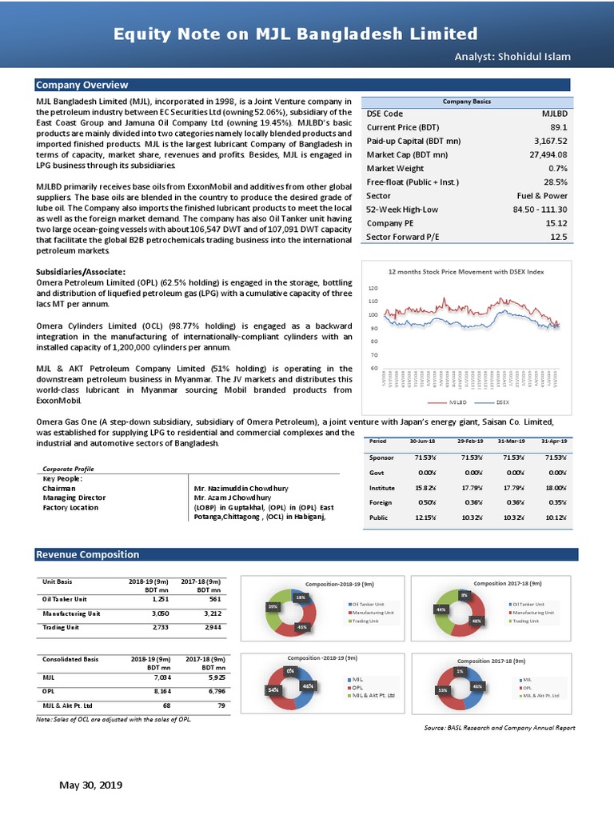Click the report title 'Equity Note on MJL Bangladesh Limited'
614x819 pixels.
[296, 34]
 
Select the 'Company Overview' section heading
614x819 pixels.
[82, 85]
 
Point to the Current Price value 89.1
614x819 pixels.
[559, 127]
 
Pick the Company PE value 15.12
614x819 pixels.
[554, 223]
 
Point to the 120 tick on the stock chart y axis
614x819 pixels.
[373, 288]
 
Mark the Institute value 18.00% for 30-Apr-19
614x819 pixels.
[553, 488]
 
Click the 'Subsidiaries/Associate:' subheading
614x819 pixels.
[80, 272]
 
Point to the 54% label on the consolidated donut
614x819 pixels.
[273, 689]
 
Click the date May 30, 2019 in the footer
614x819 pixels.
[91, 785]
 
